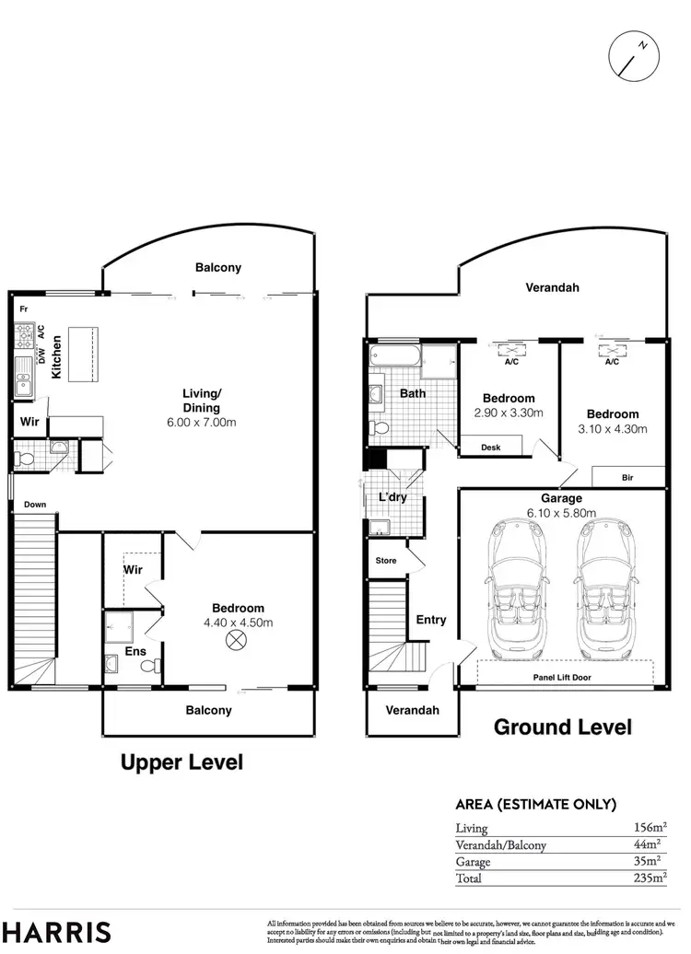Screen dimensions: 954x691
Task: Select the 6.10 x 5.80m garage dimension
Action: click(561, 514)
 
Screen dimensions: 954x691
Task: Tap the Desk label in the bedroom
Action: click(491, 448)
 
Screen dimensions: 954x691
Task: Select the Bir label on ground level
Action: click(627, 478)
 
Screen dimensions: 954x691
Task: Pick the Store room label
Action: click(384, 560)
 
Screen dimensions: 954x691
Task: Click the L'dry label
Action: click(392, 498)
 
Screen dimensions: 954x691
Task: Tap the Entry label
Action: click(431, 620)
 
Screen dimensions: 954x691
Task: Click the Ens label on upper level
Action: click(135, 652)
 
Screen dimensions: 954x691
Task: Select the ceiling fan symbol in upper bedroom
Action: click(237, 640)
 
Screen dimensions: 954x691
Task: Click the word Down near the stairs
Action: click(35, 505)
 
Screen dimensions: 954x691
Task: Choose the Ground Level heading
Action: click(563, 727)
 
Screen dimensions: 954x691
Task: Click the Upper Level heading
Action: click(182, 762)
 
